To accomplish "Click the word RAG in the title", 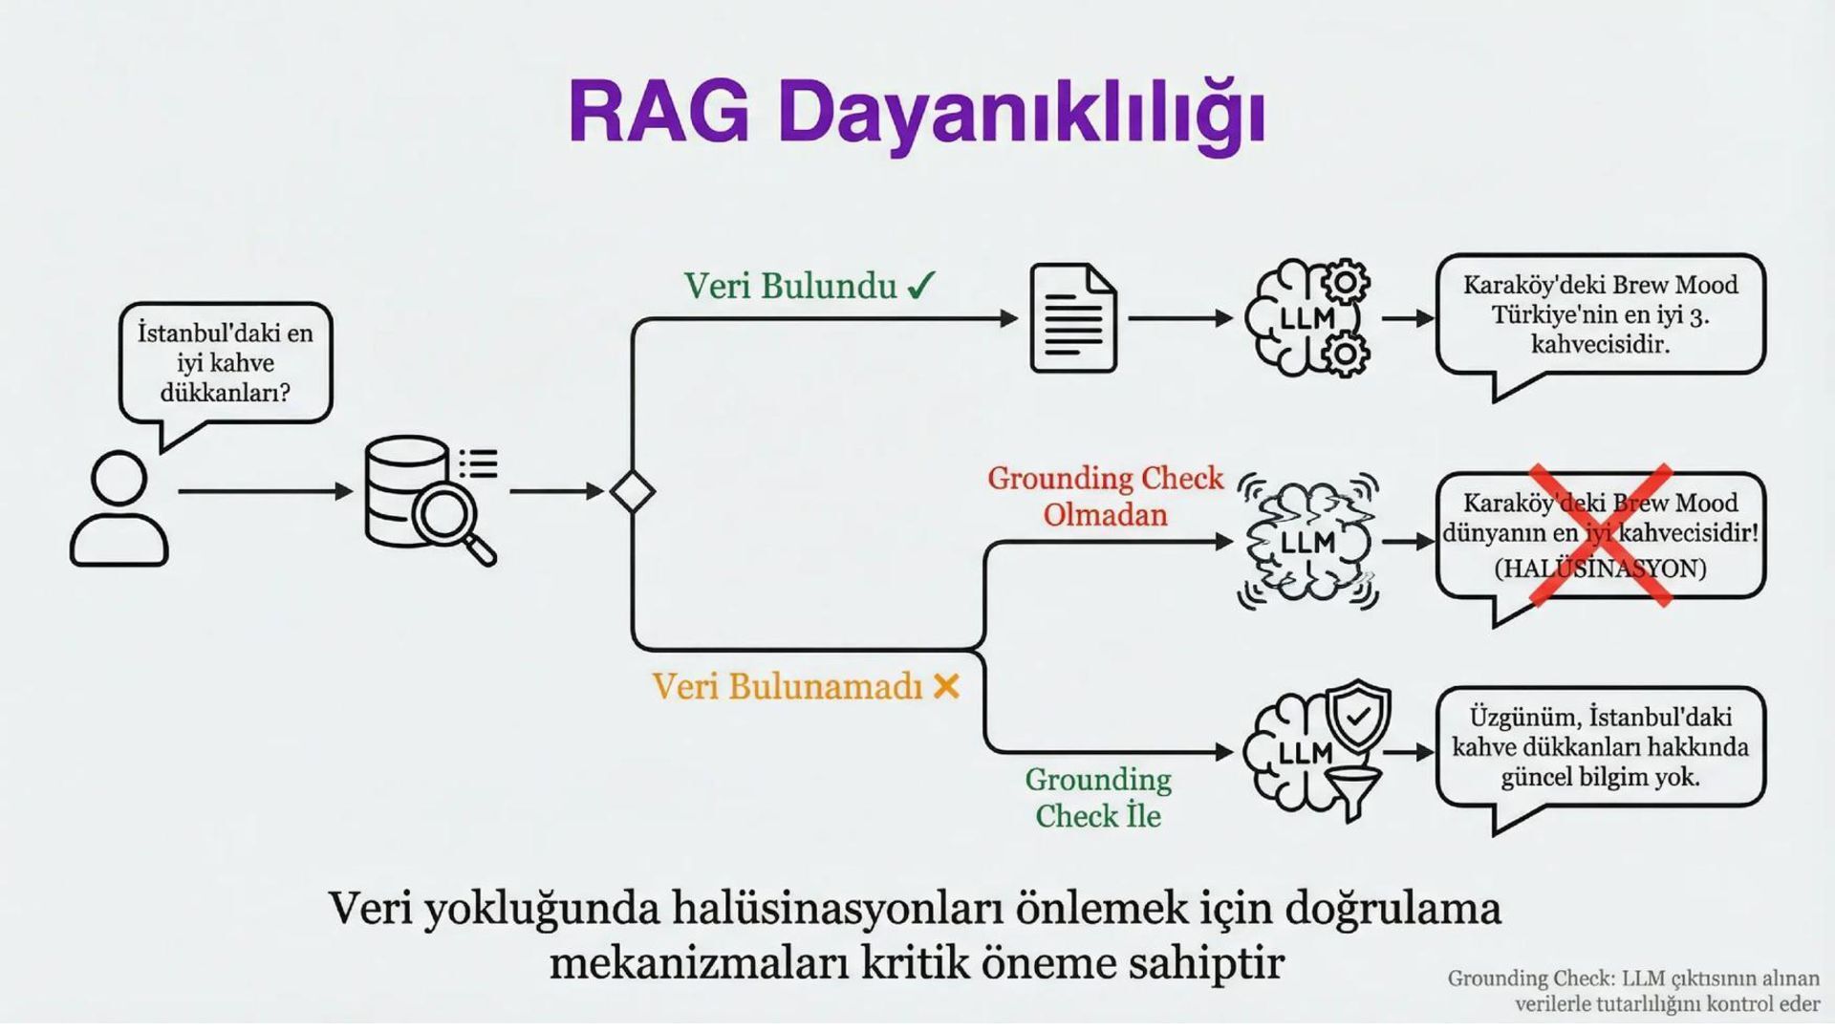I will pos(658,114).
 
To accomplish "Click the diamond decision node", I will pos(632,492).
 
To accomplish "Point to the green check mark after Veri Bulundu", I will pos(921,286).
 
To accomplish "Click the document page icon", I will pos(1072,318).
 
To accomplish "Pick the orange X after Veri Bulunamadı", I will pos(946,686).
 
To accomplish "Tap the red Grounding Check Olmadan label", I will pos(1105,496).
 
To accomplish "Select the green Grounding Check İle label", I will pos(1098,798).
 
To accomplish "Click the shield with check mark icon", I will pos(1359,717).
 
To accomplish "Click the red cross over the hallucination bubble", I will pos(1601,535).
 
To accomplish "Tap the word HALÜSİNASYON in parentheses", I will pos(1600,569).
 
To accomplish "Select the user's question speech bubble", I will pos(226,363).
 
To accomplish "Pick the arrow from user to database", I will pos(265,491).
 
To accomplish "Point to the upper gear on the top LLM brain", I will pos(1346,282).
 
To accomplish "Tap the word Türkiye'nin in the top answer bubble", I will pos(1542,314).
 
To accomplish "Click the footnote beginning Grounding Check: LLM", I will pos(1633,991).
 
